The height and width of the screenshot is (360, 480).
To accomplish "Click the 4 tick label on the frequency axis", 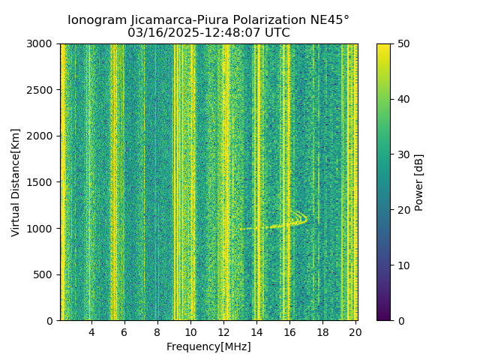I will click(91, 332).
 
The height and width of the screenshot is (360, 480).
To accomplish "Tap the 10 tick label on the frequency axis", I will click(190, 332).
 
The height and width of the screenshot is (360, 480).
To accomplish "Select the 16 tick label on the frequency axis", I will click(289, 332).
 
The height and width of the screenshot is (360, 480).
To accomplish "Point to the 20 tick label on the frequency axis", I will click(355, 332).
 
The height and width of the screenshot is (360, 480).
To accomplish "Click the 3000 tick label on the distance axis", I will click(40, 44).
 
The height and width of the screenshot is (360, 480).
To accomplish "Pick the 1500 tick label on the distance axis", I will click(40, 182).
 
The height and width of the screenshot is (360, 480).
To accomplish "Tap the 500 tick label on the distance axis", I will click(43, 274).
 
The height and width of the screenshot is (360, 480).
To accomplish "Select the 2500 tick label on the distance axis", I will click(40, 90).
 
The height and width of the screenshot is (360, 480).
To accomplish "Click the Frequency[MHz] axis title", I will click(208, 346).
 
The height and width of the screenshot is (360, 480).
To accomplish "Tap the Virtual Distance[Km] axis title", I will click(16, 182).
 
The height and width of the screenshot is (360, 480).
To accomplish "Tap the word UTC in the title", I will click(275, 33).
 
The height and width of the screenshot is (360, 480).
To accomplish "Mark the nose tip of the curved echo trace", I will click(306, 219).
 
